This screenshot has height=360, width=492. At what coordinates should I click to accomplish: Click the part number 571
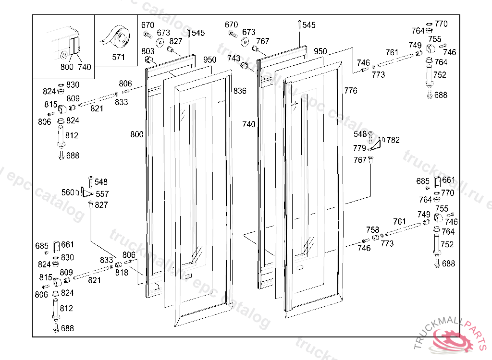point(118,57)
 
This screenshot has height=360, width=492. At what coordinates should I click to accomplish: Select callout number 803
point(148,51)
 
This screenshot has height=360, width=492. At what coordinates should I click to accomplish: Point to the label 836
point(240,91)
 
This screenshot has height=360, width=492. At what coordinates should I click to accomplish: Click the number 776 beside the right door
point(351,90)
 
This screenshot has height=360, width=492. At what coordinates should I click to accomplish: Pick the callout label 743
point(234,59)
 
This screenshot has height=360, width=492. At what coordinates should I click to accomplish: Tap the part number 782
point(393,140)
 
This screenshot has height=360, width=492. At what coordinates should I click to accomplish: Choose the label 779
point(359,148)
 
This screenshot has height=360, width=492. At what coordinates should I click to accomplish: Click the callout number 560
point(68,192)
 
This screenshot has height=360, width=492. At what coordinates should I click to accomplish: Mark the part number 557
point(102,194)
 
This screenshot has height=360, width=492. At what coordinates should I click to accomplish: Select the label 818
point(122,272)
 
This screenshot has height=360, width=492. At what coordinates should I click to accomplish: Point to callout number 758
point(372,230)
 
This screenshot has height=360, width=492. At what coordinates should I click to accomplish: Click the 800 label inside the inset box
point(67,67)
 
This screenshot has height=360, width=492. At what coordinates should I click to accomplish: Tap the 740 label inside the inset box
point(84,67)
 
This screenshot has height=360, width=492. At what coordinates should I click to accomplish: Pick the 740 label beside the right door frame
point(249,124)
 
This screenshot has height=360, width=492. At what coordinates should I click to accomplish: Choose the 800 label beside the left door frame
point(137,134)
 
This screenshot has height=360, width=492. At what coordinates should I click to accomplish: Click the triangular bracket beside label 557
point(86,193)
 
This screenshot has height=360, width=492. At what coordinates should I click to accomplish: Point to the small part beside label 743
point(245,66)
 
